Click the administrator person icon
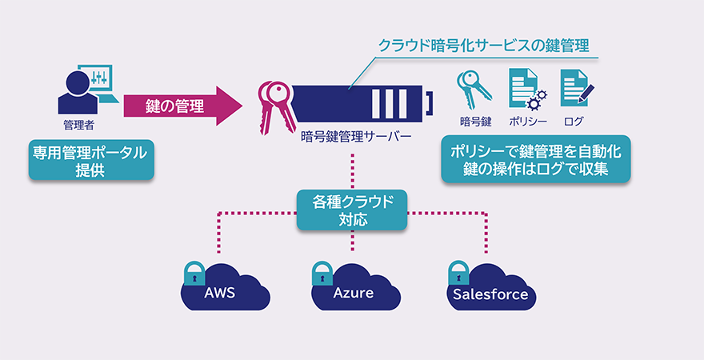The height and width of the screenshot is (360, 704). coord(77,91)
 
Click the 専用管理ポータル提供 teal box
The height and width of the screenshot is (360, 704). coord(90,160)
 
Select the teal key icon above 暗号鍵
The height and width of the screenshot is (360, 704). coord(472,90)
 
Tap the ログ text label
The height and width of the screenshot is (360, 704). coord(574,122)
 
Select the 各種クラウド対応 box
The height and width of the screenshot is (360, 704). coord(352,210)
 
